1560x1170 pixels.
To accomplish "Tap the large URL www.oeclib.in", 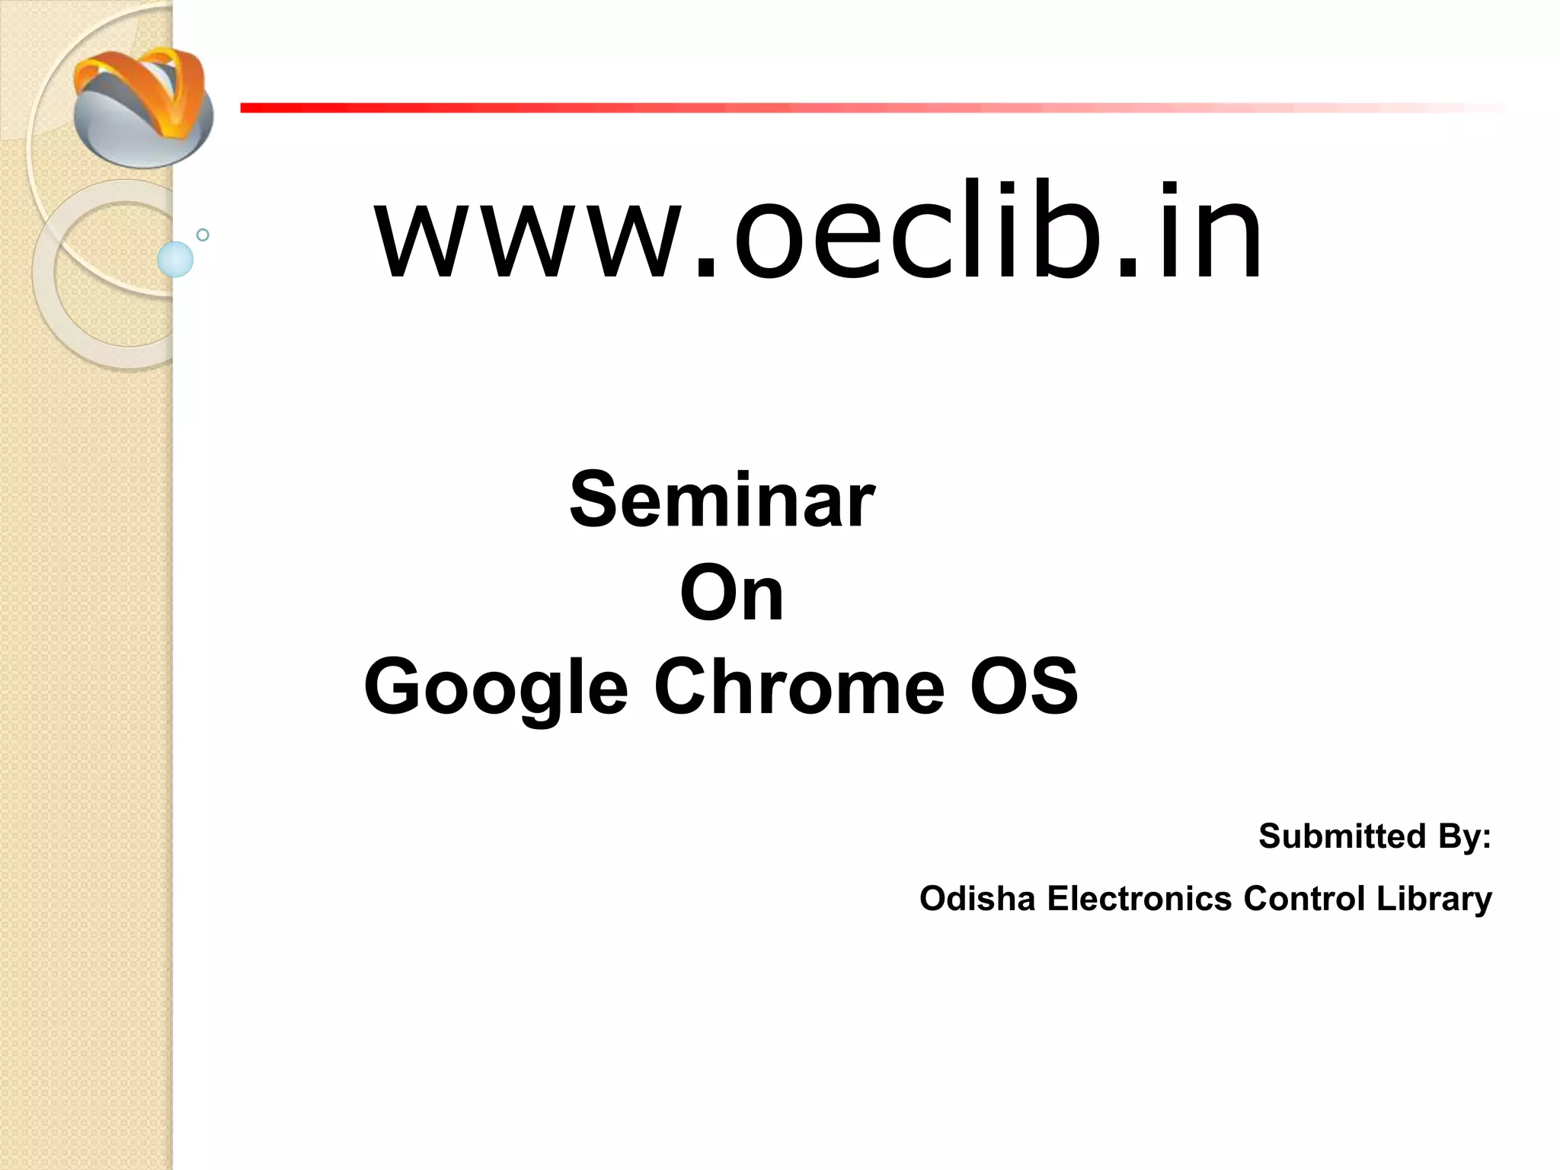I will click(819, 232).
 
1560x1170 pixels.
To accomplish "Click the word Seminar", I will click(722, 500).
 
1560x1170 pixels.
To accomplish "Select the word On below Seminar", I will click(731, 595).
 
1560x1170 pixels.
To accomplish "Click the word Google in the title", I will click(496, 688).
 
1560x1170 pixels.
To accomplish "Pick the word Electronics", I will click(1139, 899).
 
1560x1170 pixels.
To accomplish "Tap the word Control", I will click(1303, 899).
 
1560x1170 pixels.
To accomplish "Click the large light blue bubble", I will click(175, 259).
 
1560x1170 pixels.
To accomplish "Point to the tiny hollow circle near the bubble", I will click(203, 235).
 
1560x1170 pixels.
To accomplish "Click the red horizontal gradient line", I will click(838, 108).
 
